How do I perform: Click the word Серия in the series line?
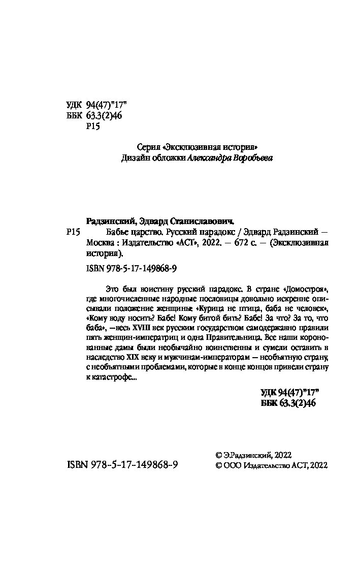(148, 147)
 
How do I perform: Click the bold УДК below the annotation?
(270, 392)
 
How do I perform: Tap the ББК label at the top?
(74, 115)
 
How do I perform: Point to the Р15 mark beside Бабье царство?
(74, 232)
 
